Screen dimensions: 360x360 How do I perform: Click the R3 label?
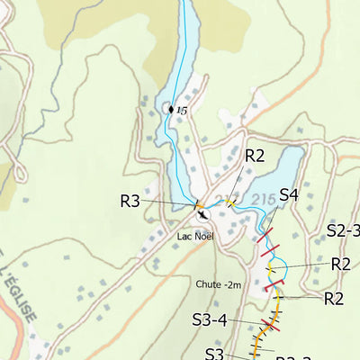130,201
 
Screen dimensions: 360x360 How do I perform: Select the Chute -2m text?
219,284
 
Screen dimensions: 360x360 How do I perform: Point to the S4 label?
289,194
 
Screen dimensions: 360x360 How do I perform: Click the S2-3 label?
342,230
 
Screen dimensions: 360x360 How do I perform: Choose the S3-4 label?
210,319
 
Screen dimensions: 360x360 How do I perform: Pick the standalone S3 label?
213,353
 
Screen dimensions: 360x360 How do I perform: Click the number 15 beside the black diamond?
182,111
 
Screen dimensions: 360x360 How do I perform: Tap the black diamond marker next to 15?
170,109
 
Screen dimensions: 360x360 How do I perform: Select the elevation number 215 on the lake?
263,198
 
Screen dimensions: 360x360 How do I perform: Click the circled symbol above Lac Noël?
202,215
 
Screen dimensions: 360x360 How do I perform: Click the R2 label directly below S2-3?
340,264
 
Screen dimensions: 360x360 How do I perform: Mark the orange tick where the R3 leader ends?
196,206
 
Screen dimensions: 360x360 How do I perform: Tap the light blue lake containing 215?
279,171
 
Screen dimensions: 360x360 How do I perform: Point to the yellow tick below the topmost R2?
231,203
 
